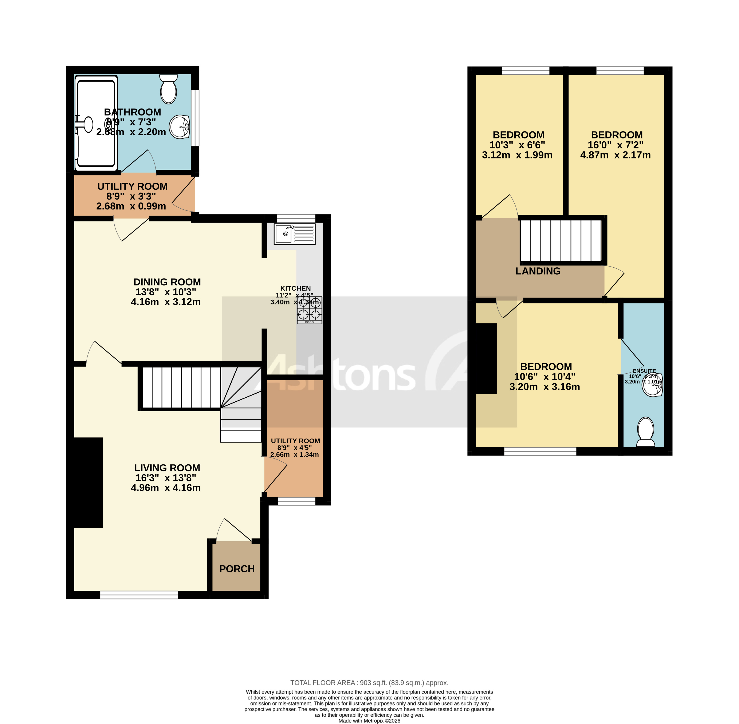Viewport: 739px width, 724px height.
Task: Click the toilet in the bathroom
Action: (169, 89)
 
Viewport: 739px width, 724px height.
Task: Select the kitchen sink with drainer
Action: (295, 234)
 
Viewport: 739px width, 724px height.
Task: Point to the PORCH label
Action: (237, 569)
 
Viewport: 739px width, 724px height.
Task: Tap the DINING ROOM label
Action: (167, 282)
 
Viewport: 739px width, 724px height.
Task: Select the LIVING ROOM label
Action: (167, 468)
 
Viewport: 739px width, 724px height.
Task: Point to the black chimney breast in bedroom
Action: (486, 359)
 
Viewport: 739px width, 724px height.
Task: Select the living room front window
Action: (139, 595)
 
